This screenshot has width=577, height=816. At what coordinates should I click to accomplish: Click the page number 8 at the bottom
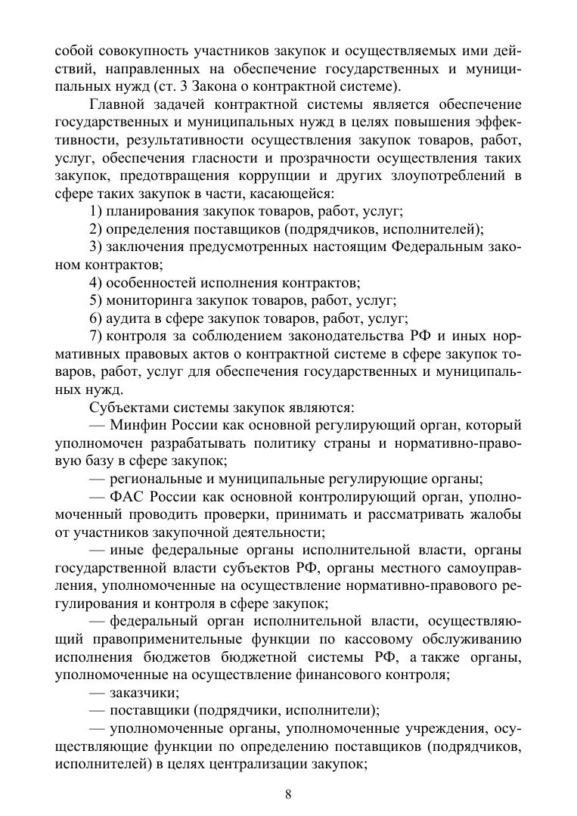pos(288,793)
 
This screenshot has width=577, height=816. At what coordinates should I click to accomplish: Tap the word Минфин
pos(135,425)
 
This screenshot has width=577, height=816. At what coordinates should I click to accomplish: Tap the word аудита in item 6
pos(129,318)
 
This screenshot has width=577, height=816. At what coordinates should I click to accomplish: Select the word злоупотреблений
pos(445,175)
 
